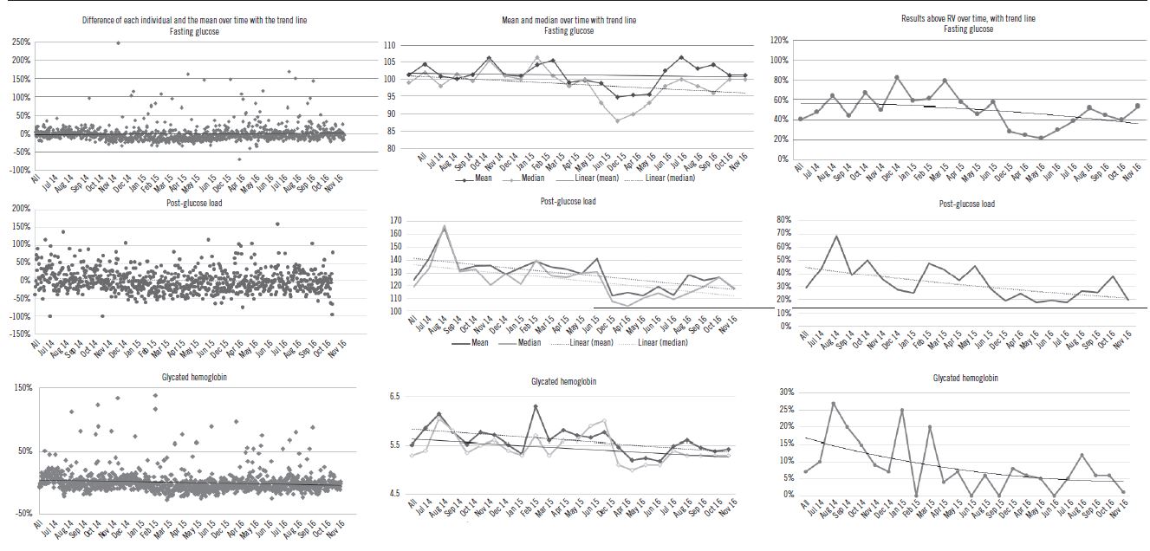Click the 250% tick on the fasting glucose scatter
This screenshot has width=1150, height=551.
click(x=21, y=42)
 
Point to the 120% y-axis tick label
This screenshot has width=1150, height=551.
click(x=778, y=41)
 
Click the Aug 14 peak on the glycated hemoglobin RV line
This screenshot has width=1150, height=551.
click(x=833, y=403)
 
